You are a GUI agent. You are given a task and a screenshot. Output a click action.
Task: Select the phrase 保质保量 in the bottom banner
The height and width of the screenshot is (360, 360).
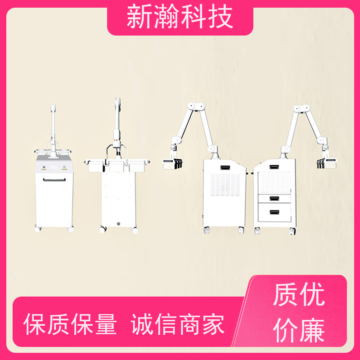pos(70,324)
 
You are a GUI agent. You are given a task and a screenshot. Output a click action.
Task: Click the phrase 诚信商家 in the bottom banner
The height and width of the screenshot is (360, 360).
pos(177,324)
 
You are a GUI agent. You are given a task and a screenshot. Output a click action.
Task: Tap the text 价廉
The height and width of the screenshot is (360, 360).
pos(299,330)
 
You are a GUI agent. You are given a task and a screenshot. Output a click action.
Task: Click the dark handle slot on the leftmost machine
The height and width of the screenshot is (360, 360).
pos(54,180)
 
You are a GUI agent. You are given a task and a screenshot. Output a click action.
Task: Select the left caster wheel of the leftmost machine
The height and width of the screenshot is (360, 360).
pos(37,229)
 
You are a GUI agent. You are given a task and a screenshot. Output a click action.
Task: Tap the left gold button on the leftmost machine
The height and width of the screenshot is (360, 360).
pos(44,167)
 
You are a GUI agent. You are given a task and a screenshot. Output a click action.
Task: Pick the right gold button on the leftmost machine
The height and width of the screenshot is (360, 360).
pos(64,167)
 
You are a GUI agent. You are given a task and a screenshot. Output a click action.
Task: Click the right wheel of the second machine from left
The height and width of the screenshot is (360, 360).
pos(135,230)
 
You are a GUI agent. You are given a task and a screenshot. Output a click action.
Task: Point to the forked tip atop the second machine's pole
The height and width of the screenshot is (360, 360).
pos(117,102)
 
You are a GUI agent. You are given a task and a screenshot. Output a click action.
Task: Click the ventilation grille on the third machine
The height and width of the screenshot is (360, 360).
pos(225,185)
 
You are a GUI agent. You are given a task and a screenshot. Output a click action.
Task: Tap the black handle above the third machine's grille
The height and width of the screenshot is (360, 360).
pos(225,167)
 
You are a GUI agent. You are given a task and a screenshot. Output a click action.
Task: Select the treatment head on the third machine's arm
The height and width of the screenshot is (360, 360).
pos(172,164)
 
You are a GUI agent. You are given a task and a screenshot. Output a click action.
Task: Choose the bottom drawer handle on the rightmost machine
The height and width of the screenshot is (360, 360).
pos(274,212)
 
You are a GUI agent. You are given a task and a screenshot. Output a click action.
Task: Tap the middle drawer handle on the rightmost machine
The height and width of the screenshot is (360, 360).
pos(274,198)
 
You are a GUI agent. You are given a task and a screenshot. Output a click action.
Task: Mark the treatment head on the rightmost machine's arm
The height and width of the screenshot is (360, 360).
pos(327,163)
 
